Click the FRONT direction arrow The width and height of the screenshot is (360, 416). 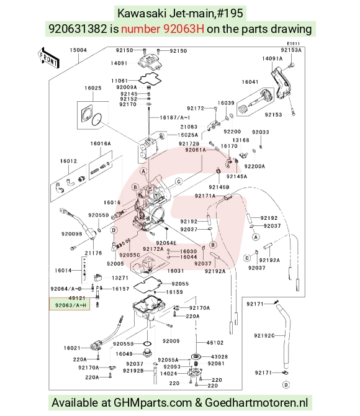click(48, 58)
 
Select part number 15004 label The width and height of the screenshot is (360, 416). click(78, 50)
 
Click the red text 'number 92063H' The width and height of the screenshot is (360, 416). click(163, 29)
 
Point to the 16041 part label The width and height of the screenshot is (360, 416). click(250, 82)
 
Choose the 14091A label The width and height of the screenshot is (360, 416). click(272, 58)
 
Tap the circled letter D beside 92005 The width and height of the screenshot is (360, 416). click(114, 230)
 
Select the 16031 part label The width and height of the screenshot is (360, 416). click(176, 271)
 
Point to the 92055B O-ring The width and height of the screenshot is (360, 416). click(147, 344)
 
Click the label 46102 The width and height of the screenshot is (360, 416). click(215, 343)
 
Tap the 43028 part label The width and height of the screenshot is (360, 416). click(219, 357)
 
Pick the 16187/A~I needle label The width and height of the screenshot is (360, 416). click(175, 117)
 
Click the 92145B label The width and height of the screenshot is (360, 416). click(219, 187)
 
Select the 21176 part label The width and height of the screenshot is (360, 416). click(93, 253)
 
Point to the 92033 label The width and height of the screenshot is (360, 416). click(261, 132)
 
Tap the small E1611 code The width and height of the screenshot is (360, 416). click(293, 43)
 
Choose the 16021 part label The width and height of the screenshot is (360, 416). click(72, 348)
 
